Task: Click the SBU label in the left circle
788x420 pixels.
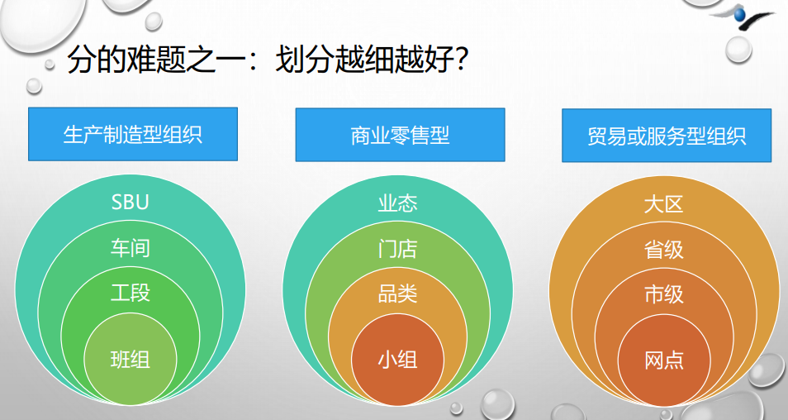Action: tap(131, 203)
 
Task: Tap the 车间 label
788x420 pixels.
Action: tap(131, 248)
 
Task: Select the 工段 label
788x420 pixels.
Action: tap(131, 293)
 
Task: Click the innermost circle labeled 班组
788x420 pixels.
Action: tap(131, 359)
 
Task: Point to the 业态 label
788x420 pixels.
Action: tap(397, 203)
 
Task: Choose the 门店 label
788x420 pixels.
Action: tap(397, 249)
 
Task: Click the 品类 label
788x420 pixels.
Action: tap(397, 294)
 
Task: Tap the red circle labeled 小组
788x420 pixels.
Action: tap(397, 360)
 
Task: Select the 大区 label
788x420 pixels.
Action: tap(664, 204)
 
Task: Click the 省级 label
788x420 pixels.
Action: tap(664, 250)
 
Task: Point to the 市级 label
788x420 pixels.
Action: tap(664, 294)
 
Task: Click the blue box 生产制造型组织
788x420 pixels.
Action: tap(133, 134)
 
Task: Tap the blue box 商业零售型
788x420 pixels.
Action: tap(400, 135)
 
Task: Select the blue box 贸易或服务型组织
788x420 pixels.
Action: tap(667, 136)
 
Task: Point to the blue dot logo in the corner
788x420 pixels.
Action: tap(739, 15)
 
